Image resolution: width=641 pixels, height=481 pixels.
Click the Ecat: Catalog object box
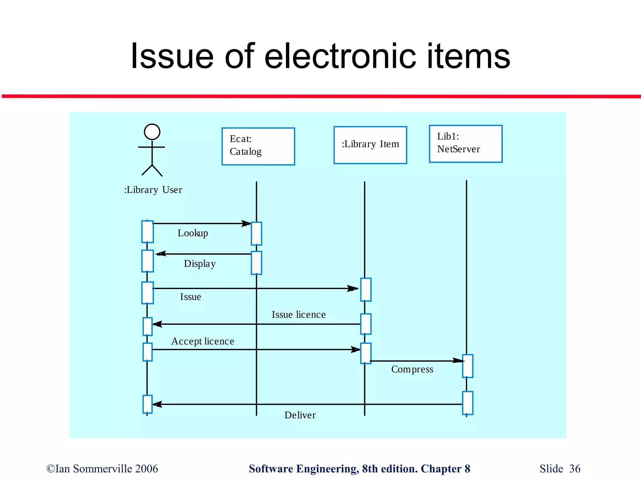[x=258, y=146]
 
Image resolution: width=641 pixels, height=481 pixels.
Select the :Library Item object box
[x=370, y=145]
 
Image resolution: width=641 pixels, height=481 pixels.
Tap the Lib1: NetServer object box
[x=465, y=144]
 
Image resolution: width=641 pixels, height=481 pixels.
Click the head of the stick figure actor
[x=152, y=132]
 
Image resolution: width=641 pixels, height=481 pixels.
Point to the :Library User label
[x=153, y=190]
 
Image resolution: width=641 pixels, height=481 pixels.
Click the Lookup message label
[x=193, y=233]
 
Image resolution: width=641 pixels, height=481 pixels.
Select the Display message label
[x=200, y=264]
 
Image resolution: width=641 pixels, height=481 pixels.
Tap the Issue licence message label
[x=299, y=314]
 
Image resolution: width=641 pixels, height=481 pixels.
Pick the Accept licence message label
[x=203, y=341]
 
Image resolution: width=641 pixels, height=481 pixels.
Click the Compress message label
[x=412, y=369]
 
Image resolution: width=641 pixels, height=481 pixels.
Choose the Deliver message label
[x=300, y=415]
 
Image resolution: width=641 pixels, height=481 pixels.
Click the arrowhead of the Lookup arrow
[x=247, y=223]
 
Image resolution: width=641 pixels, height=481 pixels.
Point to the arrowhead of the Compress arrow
[x=458, y=361]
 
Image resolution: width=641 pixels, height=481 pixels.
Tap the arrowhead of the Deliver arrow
[x=157, y=404]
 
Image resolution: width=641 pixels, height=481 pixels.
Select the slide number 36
[x=575, y=469]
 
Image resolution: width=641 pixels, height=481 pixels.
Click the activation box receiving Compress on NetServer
[x=468, y=366]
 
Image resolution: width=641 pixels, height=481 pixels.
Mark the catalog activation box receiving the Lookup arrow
[x=256, y=234]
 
